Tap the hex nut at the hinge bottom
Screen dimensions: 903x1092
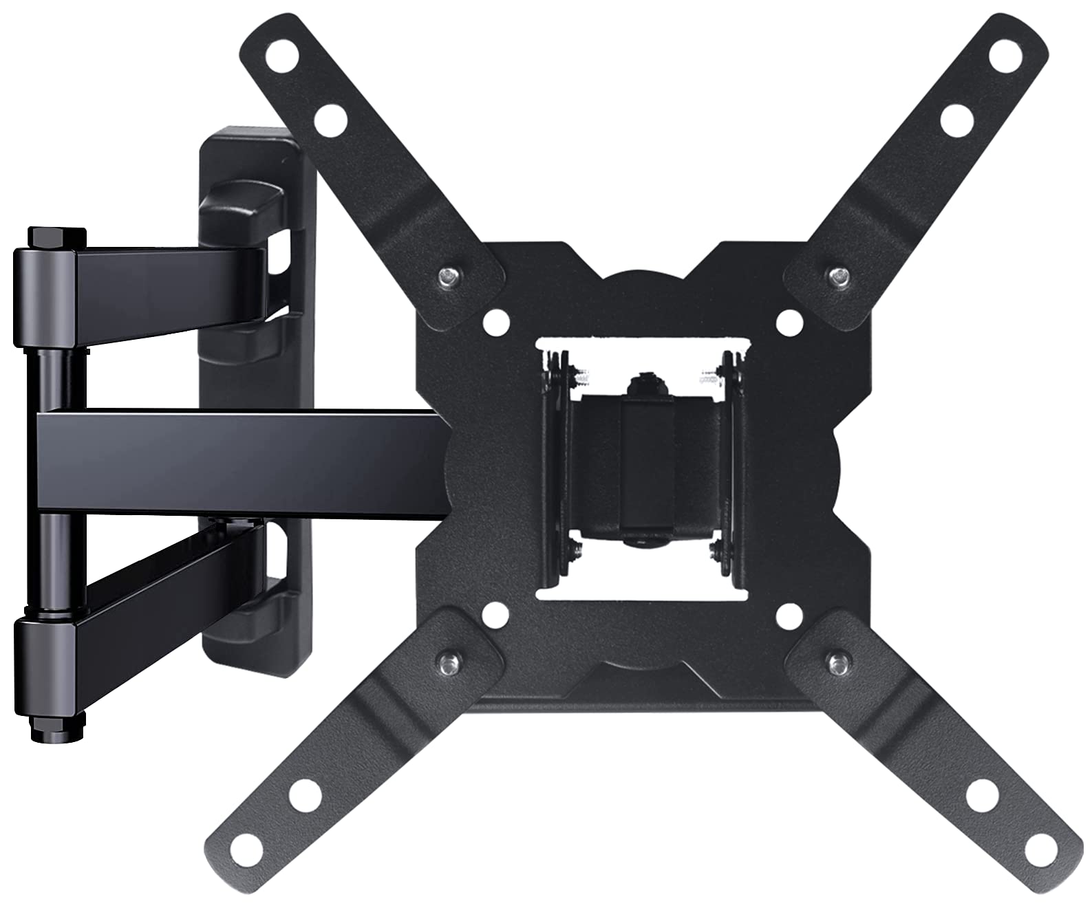coord(58,728)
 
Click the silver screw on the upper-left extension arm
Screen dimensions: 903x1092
coord(447,276)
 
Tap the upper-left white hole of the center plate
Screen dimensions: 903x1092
coord(493,319)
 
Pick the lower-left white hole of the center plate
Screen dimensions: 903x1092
coord(493,614)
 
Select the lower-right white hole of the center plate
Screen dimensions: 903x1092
coord(789,614)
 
